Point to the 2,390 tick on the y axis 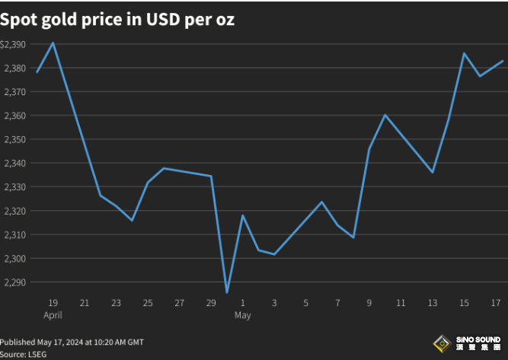14,45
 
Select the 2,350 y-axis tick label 14,139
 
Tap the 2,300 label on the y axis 14,259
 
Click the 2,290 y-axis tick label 14,282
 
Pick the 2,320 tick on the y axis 14,211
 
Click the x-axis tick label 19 53,302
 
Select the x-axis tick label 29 211,302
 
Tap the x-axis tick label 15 464,302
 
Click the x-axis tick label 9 369,302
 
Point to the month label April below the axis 53,314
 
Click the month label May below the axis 242,314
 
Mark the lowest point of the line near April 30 227,292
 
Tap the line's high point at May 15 464,53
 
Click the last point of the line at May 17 503,61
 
